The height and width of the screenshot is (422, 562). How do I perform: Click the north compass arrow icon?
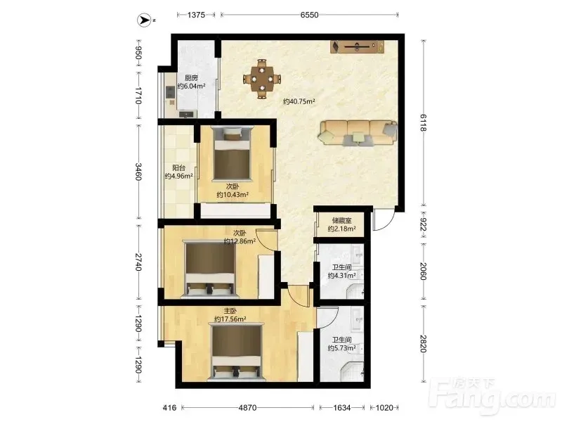[145, 20]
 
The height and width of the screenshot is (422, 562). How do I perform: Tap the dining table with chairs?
[262, 79]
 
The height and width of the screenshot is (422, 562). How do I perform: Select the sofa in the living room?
[358, 133]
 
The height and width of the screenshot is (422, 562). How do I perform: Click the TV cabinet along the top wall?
[358, 46]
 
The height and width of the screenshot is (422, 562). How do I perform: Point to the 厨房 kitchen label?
[191, 77]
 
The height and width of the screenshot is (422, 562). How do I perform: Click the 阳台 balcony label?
[178, 167]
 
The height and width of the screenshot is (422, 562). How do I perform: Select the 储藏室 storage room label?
[341, 220]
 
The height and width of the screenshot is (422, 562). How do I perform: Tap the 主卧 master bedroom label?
[230, 311]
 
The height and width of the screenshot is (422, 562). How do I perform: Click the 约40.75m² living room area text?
[299, 101]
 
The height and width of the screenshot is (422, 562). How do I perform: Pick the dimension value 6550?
[309, 15]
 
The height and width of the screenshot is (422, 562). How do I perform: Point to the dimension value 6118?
[423, 123]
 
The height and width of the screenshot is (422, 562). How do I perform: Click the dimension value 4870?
[248, 408]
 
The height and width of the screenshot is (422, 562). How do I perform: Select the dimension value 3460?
[138, 172]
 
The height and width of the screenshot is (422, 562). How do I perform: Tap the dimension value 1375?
[196, 15]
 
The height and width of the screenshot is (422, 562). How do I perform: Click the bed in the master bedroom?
[237, 352]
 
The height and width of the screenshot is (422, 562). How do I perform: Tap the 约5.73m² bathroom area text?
[341, 348]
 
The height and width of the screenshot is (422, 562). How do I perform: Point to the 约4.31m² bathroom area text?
[341, 276]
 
